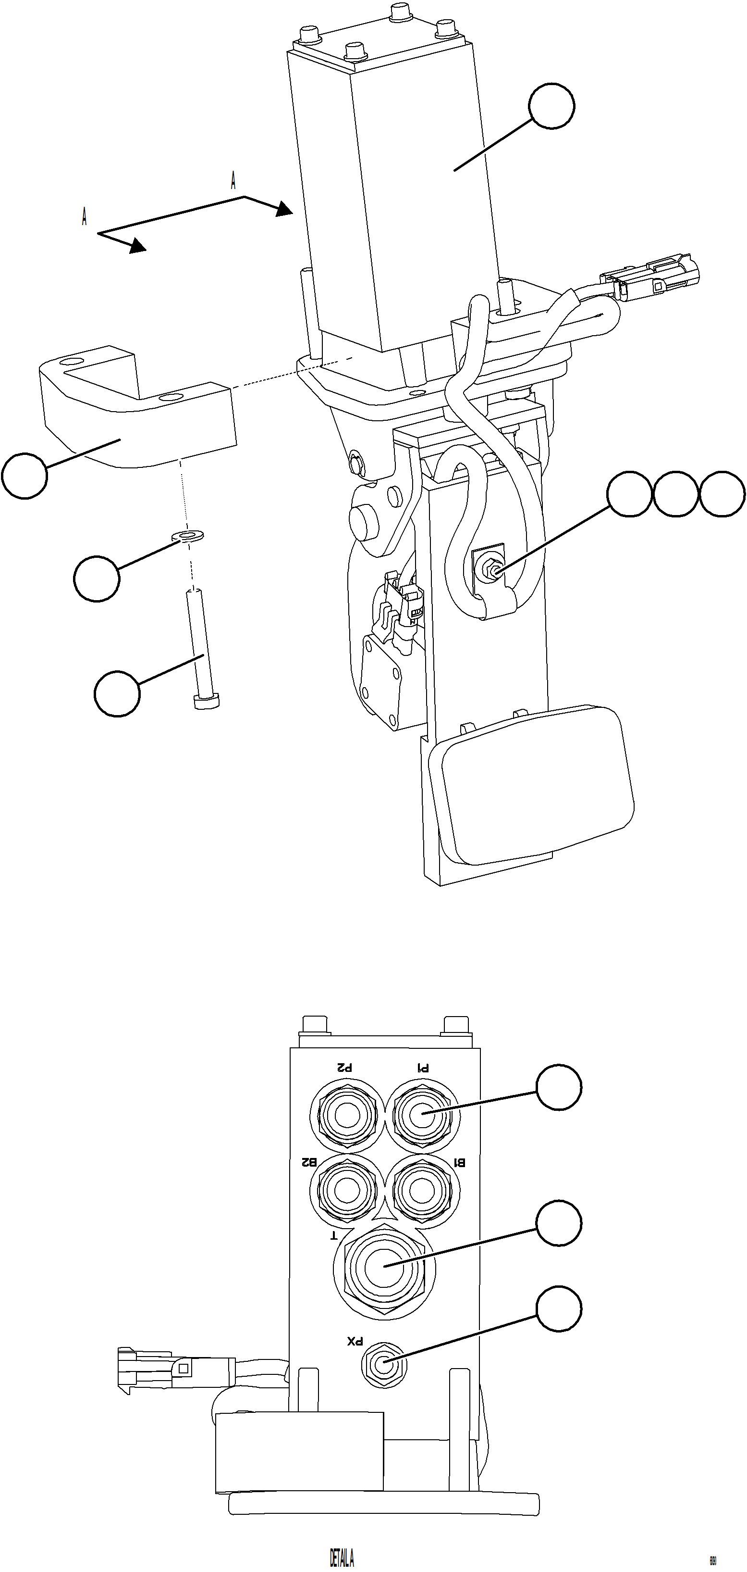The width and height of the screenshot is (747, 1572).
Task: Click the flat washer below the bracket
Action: pyautogui.click(x=188, y=536)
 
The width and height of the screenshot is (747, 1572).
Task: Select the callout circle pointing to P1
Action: pyautogui.click(x=559, y=1087)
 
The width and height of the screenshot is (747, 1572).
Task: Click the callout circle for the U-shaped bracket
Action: pyautogui.click(x=24, y=476)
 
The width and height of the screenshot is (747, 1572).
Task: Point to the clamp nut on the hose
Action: pyautogui.click(x=490, y=570)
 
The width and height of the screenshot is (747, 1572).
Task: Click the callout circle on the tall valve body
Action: pyautogui.click(x=551, y=106)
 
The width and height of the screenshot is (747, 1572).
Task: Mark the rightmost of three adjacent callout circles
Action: pyautogui.click(x=722, y=494)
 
